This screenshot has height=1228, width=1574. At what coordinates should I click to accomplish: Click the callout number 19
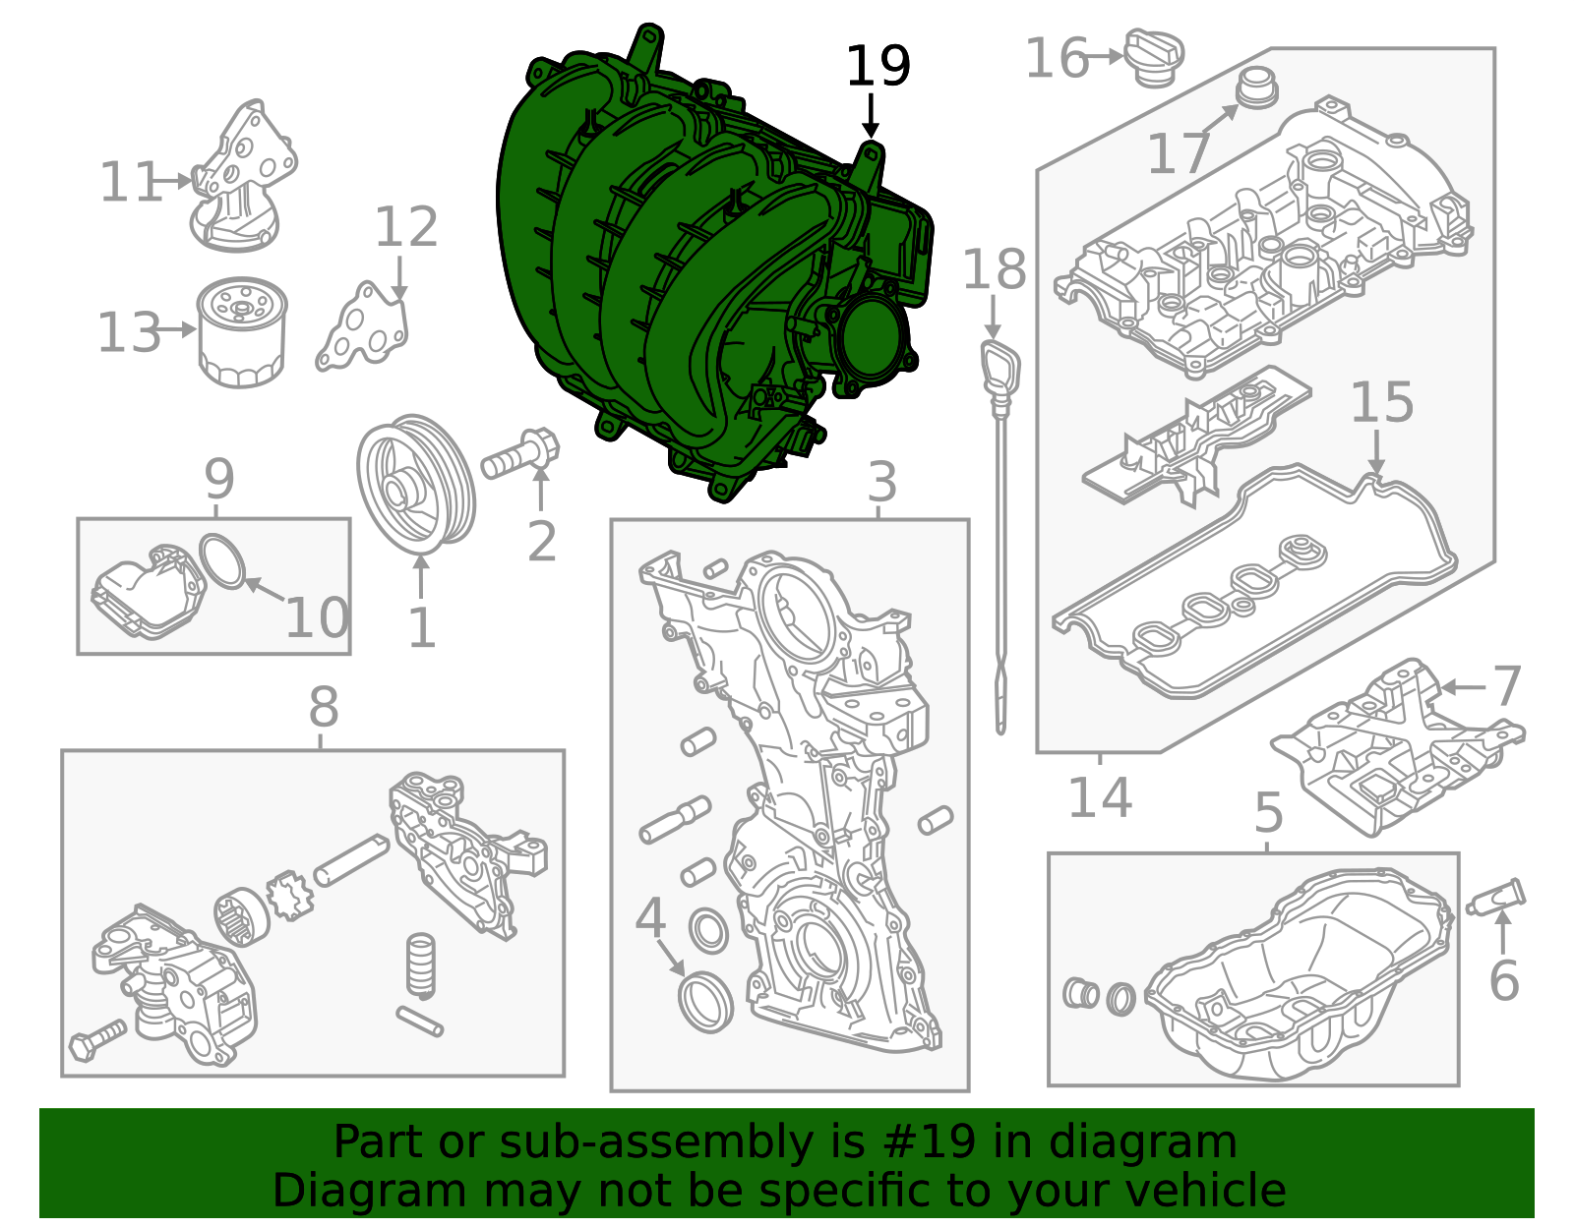[878, 66]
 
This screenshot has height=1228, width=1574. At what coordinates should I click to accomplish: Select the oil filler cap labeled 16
[1154, 56]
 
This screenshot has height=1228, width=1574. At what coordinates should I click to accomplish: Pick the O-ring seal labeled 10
[223, 561]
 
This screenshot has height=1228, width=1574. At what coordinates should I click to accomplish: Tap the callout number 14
[1100, 797]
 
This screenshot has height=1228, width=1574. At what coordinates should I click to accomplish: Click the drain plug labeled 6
[1497, 898]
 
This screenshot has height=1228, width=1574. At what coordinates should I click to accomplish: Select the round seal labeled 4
[706, 1001]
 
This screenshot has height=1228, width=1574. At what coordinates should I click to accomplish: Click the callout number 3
[882, 483]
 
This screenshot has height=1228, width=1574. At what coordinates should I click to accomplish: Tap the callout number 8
[324, 707]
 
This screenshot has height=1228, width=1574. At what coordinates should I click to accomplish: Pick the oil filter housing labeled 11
[242, 177]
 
